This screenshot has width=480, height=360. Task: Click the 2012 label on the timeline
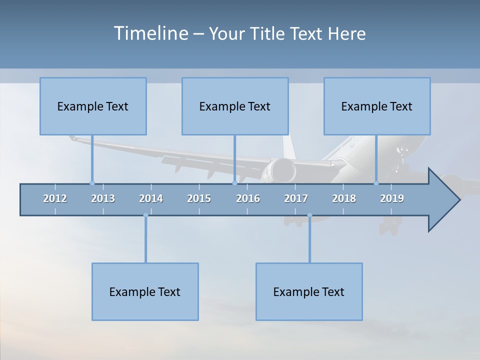55,198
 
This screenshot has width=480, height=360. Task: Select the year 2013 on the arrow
103,198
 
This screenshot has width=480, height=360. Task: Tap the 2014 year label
151,198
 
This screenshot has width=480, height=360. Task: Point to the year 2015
199,198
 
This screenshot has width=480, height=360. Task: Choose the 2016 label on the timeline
248,198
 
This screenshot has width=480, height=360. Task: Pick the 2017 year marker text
296,198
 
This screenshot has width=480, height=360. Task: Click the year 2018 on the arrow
344,198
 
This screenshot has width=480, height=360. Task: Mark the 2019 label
392,198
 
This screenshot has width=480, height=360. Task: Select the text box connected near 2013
93,106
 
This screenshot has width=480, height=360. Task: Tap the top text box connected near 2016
235,106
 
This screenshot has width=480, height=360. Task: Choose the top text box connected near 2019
377,106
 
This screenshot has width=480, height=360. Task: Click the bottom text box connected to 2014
145,291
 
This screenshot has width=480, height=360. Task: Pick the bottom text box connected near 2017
309,291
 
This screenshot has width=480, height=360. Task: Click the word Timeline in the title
149,33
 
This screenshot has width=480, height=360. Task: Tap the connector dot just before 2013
92,183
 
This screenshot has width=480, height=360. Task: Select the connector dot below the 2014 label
145,215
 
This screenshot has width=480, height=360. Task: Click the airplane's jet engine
279,170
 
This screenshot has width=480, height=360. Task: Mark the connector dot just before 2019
376,183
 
